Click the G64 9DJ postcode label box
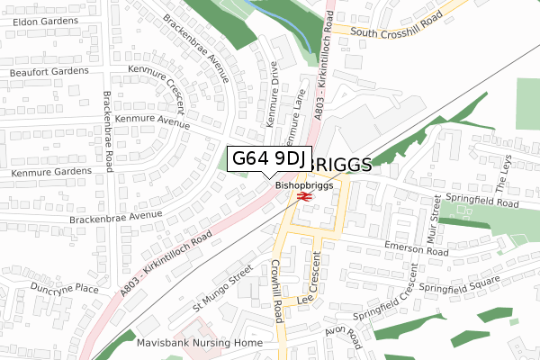click(268, 159)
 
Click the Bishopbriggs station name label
click(304, 185)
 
